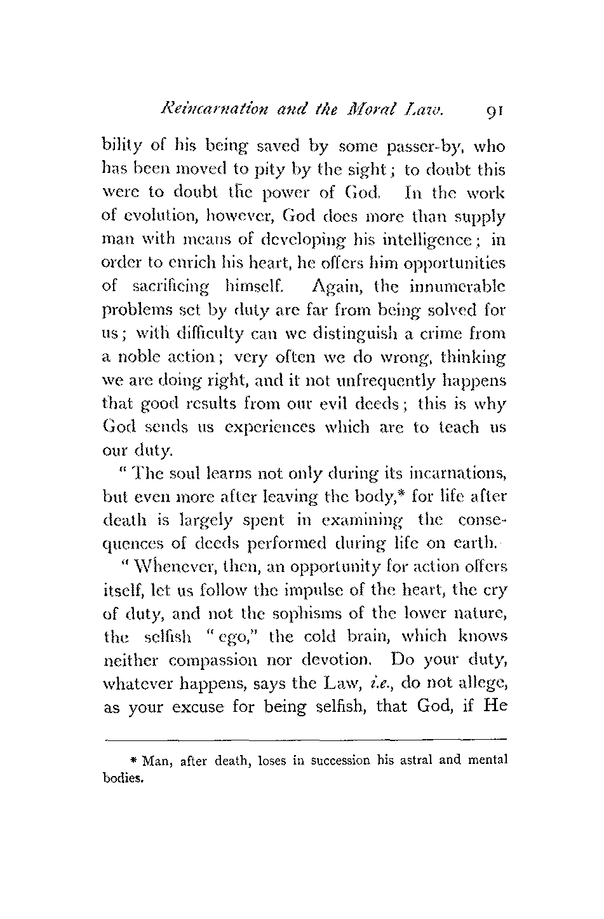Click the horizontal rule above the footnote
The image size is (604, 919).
[x=304, y=740]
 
